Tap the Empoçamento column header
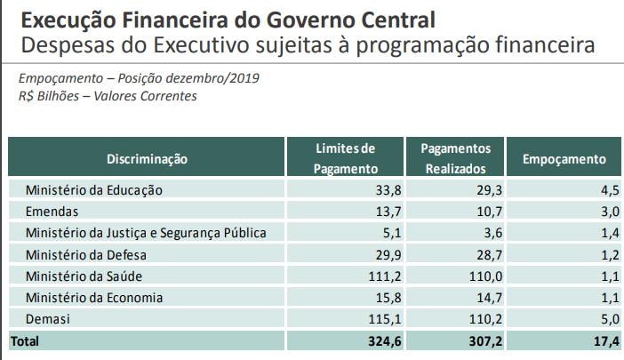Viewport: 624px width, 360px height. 564,159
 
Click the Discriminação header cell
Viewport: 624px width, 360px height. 148,159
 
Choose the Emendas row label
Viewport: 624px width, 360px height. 52,211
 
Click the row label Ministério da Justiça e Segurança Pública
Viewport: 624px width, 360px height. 146,233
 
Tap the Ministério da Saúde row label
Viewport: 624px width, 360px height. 84,276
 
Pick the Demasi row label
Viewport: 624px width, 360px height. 47,318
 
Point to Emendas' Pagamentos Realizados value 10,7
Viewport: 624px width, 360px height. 489,211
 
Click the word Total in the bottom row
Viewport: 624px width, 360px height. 25,340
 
